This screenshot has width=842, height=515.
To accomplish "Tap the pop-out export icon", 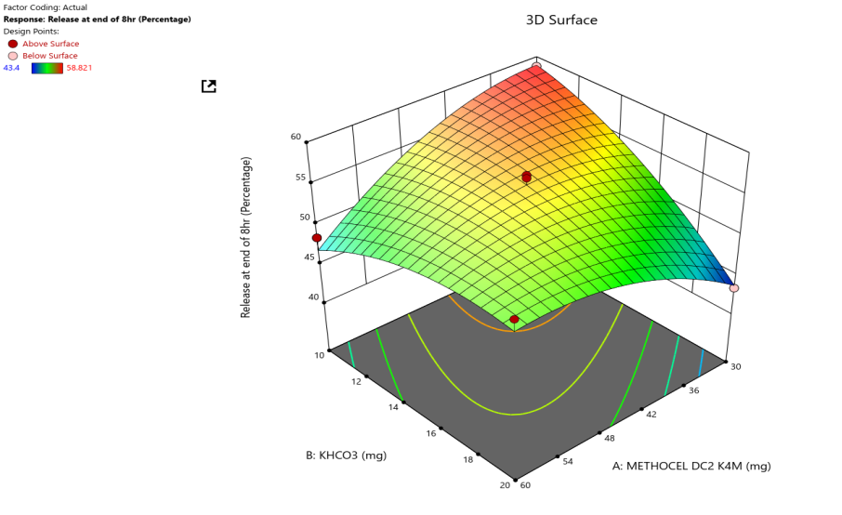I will (x=209, y=86).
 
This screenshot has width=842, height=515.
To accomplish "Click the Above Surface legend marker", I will (x=12, y=44).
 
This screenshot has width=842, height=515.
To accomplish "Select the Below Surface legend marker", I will (x=12, y=56).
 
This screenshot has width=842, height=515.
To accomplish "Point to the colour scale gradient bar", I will (x=46, y=68).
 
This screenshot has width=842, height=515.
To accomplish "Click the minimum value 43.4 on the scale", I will (x=12, y=68).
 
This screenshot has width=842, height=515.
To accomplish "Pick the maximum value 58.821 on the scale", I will (x=80, y=68).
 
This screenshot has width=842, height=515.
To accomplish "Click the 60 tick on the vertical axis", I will (x=296, y=137).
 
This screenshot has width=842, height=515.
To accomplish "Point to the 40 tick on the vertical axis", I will (x=313, y=297).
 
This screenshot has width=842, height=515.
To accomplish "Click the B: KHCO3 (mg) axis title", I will (x=346, y=456).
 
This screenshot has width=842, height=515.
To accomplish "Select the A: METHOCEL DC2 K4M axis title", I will (x=691, y=466).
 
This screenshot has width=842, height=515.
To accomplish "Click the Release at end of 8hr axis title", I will (x=246, y=237).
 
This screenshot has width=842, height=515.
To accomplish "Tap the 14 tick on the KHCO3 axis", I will (x=393, y=407).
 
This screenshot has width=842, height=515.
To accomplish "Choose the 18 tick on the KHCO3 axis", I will (x=468, y=459).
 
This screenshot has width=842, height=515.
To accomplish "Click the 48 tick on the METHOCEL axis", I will (x=609, y=436).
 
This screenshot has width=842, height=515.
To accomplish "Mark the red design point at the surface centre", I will (x=526, y=177).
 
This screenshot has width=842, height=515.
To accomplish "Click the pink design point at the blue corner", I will (x=734, y=288).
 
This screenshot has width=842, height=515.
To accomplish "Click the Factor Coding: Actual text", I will (x=46, y=7).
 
